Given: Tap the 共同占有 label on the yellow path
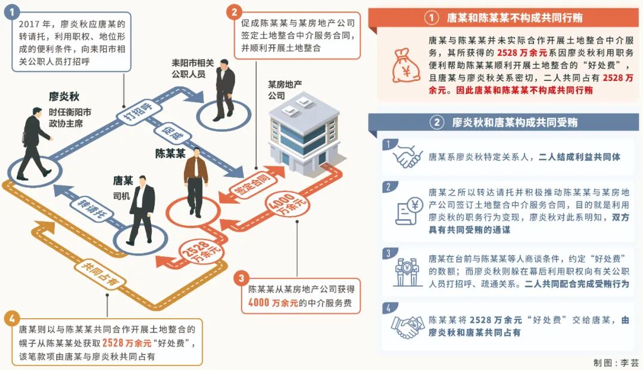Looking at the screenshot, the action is point(96,272).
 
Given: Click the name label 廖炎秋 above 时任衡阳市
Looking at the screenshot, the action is point(65,97).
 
